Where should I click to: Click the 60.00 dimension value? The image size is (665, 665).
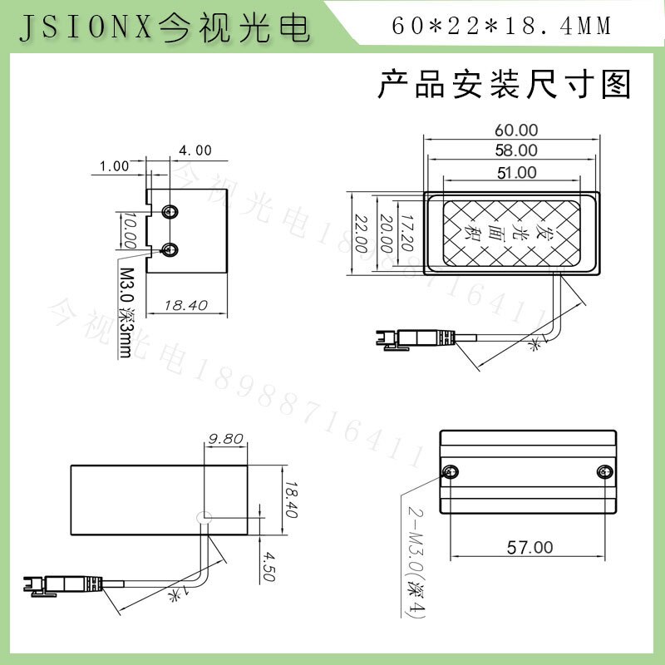point(516,130)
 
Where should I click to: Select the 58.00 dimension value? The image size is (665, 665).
point(516,150)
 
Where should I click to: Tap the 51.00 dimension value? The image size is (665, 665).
point(516,173)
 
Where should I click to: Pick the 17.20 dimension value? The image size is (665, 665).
point(406,234)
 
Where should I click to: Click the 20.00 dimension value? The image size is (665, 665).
point(385,234)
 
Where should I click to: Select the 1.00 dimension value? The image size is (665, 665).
point(115,165)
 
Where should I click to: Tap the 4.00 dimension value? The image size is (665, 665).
point(195,150)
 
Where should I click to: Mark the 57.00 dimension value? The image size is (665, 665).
point(529,547)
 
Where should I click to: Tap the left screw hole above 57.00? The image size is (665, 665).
point(451,472)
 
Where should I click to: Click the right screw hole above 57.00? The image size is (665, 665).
point(604,472)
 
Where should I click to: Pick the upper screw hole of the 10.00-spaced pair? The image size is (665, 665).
point(170,211)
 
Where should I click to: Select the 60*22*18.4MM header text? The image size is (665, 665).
point(500,27)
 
